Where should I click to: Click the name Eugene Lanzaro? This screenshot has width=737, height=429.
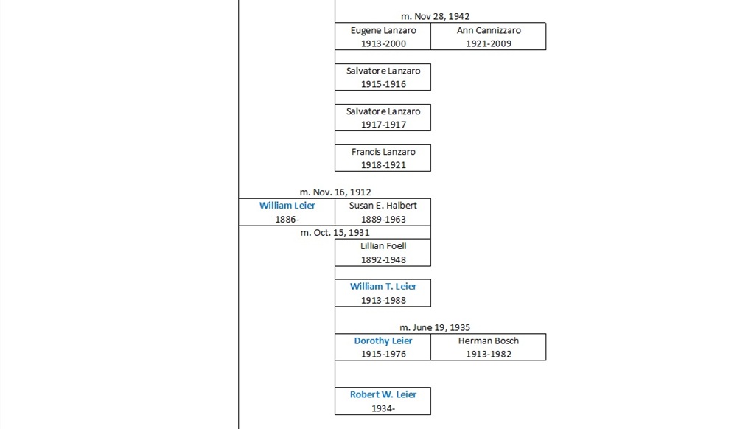(x=383, y=30)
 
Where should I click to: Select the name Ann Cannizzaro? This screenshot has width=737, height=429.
(x=489, y=30)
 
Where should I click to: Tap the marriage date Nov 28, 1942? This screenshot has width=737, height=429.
(x=435, y=16)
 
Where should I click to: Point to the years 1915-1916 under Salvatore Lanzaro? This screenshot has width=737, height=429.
(x=383, y=84)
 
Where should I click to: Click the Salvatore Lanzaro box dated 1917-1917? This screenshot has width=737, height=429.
(x=383, y=117)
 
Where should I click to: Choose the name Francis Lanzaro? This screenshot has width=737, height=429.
(x=383, y=152)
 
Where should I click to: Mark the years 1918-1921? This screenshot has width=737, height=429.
(x=383, y=165)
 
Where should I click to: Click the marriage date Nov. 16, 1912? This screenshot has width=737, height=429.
(x=335, y=192)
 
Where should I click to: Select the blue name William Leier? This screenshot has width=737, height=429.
(x=287, y=206)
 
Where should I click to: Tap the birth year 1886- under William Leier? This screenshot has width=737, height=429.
(x=287, y=219)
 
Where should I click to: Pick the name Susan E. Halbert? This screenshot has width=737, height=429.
(x=383, y=206)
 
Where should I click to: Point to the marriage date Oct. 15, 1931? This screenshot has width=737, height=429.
(x=335, y=233)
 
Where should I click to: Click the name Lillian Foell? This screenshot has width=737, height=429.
(x=383, y=246)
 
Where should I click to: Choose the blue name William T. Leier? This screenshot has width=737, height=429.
(x=383, y=286)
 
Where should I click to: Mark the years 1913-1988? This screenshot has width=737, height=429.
(x=383, y=300)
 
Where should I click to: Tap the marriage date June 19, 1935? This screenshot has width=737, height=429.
(x=435, y=327)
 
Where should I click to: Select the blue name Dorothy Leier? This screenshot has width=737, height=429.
(x=383, y=341)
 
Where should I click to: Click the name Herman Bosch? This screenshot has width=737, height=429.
(x=489, y=341)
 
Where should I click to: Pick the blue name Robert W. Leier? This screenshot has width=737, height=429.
(x=383, y=394)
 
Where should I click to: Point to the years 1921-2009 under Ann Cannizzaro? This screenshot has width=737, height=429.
(x=489, y=43)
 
